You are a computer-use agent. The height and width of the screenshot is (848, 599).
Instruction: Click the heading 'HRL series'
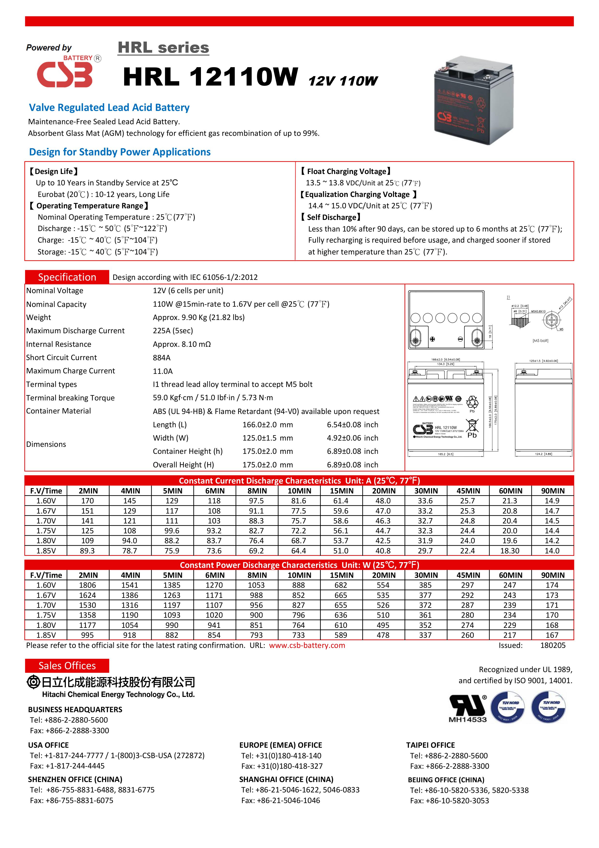pyautogui.click(x=163, y=48)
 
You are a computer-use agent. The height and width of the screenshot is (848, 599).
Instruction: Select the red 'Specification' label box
pyautogui.click(x=67, y=277)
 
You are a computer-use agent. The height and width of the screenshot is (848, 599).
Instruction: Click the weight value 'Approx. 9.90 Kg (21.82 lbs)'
pyautogui.click(x=199, y=317)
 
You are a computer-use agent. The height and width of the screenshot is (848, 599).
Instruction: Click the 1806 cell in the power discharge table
pyautogui.click(x=87, y=585)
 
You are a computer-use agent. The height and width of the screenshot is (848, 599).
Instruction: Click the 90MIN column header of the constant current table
pyautogui.click(x=552, y=491)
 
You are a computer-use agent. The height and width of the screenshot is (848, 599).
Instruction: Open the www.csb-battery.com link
pyautogui.click(x=307, y=645)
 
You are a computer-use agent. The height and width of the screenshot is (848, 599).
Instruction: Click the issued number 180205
pyautogui.click(x=552, y=645)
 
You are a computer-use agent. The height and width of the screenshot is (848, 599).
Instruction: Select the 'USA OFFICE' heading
pyautogui.click(x=48, y=745)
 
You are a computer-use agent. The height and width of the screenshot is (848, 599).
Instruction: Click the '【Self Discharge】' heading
pyautogui.click(x=330, y=217)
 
